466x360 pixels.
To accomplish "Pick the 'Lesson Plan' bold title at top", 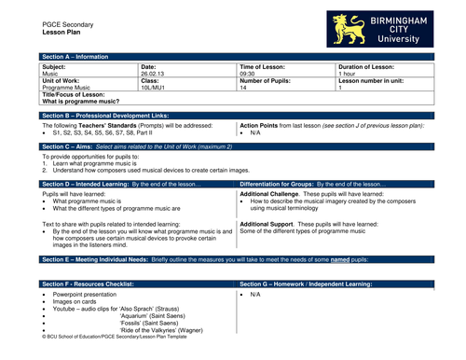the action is [61, 32].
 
